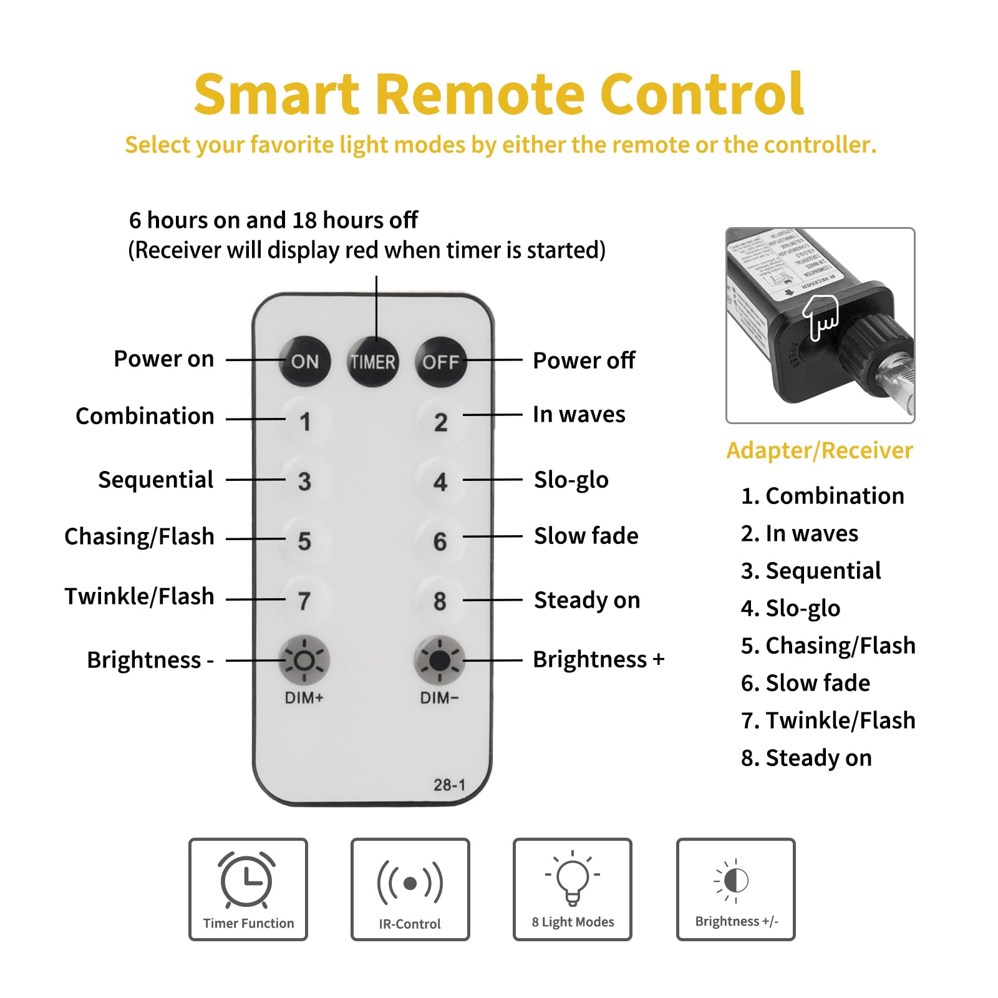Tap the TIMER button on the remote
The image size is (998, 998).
click(373, 362)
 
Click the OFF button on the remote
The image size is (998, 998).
click(440, 362)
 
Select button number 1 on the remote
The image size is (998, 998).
click(304, 422)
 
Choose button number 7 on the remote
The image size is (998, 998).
click(304, 601)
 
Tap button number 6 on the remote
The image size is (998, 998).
click(440, 541)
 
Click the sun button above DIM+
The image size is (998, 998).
click(304, 660)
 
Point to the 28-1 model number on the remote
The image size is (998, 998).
click(449, 785)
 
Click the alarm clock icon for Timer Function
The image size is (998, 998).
click(248, 880)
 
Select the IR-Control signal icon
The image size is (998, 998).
click(410, 883)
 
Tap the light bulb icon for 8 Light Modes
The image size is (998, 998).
click(573, 878)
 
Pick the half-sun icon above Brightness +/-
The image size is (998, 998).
click(735, 880)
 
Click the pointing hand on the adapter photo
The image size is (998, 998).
click(820, 317)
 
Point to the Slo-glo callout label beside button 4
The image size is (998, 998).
click(571, 480)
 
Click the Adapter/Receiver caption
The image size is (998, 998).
click(820, 450)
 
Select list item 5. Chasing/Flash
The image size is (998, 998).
click(828, 646)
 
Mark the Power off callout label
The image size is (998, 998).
click(584, 361)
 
